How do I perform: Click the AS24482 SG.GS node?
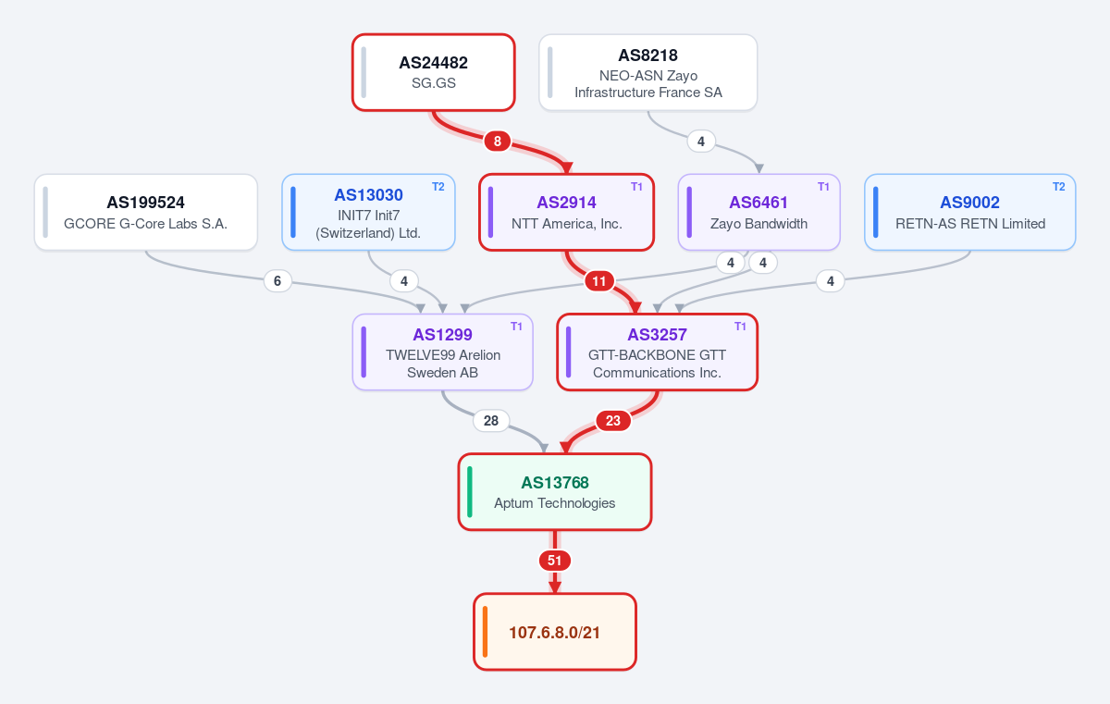pyautogui.click(x=434, y=72)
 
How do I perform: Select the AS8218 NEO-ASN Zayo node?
pyautogui.click(x=648, y=72)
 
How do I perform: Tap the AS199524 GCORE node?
pyautogui.click(x=146, y=212)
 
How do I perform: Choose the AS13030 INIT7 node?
pyautogui.click(x=369, y=212)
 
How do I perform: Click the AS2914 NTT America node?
pyautogui.click(x=567, y=212)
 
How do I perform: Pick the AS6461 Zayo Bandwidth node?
pyautogui.click(x=759, y=212)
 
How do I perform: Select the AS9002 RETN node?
pyautogui.click(x=970, y=212)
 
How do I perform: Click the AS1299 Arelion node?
pyautogui.click(x=442, y=352)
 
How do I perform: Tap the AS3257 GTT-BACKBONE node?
pyautogui.click(x=657, y=352)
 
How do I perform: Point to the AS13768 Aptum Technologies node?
pyautogui.click(x=555, y=491)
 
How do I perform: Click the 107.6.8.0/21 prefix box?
pyautogui.click(x=555, y=632)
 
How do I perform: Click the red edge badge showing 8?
pyautogui.click(x=498, y=142)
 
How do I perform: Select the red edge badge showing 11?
pyautogui.click(x=599, y=281)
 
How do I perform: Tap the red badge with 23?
pyautogui.click(x=613, y=421)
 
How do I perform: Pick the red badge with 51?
pyautogui.click(x=554, y=561)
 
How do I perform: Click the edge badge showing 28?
pyautogui.click(x=491, y=421)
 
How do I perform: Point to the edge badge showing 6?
pyautogui.click(x=277, y=281)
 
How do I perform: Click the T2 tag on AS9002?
pyautogui.click(x=1058, y=187)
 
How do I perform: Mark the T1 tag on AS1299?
pyautogui.click(x=516, y=327)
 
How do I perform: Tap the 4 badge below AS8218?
pyautogui.click(x=701, y=142)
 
